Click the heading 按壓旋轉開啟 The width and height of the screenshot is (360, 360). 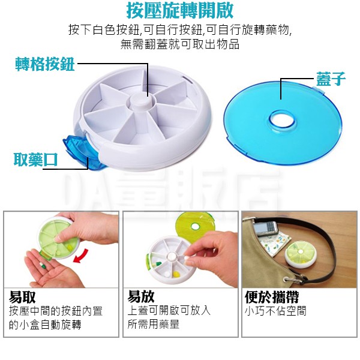[180, 10]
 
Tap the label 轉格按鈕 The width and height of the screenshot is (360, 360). [45, 64]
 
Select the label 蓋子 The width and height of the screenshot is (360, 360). [331, 79]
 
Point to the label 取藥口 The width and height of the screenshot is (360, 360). [35, 160]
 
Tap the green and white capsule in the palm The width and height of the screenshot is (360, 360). [43, 266]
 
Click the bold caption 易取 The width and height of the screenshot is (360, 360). [22, 297]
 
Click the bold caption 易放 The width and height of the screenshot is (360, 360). [141, 296]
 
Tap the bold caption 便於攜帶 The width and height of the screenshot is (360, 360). [272, 297]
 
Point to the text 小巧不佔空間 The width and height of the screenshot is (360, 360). [275, 311]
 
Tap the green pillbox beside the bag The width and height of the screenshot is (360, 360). [301, 255]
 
